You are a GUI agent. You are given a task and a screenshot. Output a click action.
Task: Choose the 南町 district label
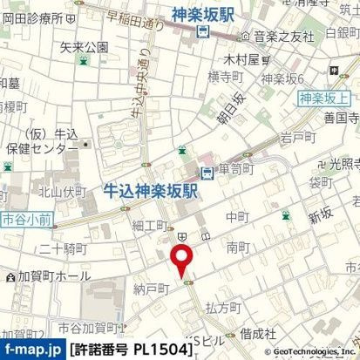coord(238,248)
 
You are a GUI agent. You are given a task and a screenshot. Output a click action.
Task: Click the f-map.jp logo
coord(32,350)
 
